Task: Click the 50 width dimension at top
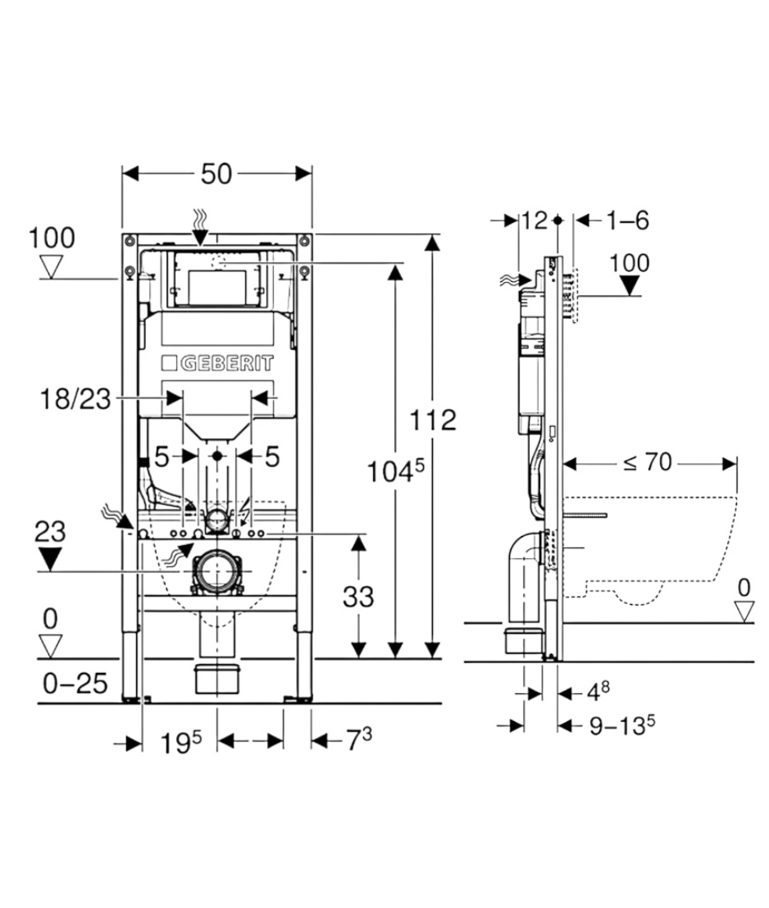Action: click(216, 174)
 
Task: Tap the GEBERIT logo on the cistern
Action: click(217, 363)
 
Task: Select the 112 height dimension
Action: click(433, 420)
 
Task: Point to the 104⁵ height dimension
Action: click(396, 470)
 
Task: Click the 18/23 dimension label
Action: click(75, 399)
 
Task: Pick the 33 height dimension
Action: click(358, 597)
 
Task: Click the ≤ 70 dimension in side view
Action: click(648, 462)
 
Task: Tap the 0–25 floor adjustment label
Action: click(75, 684)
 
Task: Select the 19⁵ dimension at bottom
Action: click(181, 742)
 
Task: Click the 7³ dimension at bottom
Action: click(359, 739)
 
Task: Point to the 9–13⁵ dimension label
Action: click(622, 724)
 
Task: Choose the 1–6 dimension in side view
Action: click(628, 220)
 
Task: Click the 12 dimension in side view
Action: click(535, 220)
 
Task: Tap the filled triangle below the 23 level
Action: click(50, 559)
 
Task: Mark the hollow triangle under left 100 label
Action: click(51, 267)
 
